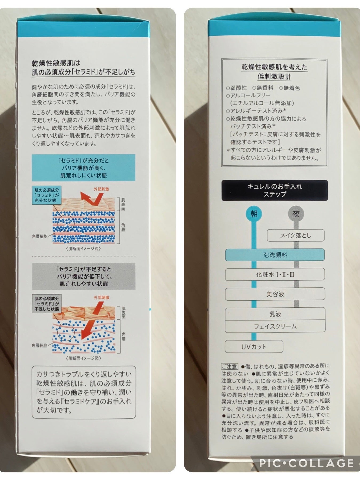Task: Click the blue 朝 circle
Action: pos(254,214)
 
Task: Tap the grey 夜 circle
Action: pos(296,214)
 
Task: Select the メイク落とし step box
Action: pos(295,235)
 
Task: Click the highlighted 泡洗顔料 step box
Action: pos(275,255)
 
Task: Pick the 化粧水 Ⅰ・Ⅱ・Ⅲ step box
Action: pos(275,274)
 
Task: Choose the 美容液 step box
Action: pos(275,294)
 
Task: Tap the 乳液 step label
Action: pos(275,314)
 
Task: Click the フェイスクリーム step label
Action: pos(275,326)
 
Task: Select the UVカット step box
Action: pos(254,346)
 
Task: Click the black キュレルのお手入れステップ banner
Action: pos(275,190)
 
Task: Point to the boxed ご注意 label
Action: pos(229,366)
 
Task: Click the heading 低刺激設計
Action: pos(274,77)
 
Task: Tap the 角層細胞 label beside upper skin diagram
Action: pos(40,236)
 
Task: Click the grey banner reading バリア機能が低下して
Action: pos(84,276)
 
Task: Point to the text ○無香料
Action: pos(263,88)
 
